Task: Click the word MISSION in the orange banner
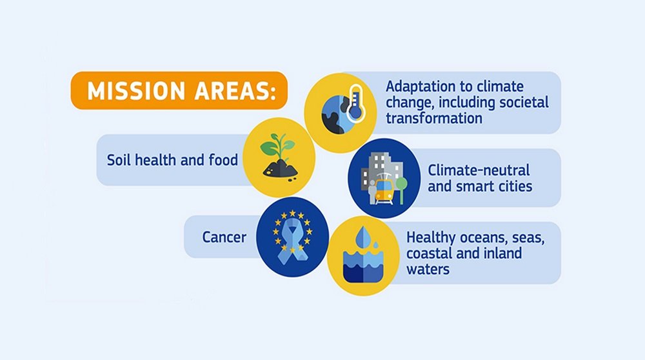point(136,91)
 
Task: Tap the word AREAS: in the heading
point(235,91)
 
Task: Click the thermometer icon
point(355,104)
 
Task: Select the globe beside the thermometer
point(335,115)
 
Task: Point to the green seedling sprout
point(277,146)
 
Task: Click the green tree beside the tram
point(401,190)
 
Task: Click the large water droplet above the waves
point(363,238)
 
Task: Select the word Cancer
point(224,237)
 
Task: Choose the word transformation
point(434,118)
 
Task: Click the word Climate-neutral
point(479,170)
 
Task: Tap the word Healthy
point(431,238)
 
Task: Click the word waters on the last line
point(428,270)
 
